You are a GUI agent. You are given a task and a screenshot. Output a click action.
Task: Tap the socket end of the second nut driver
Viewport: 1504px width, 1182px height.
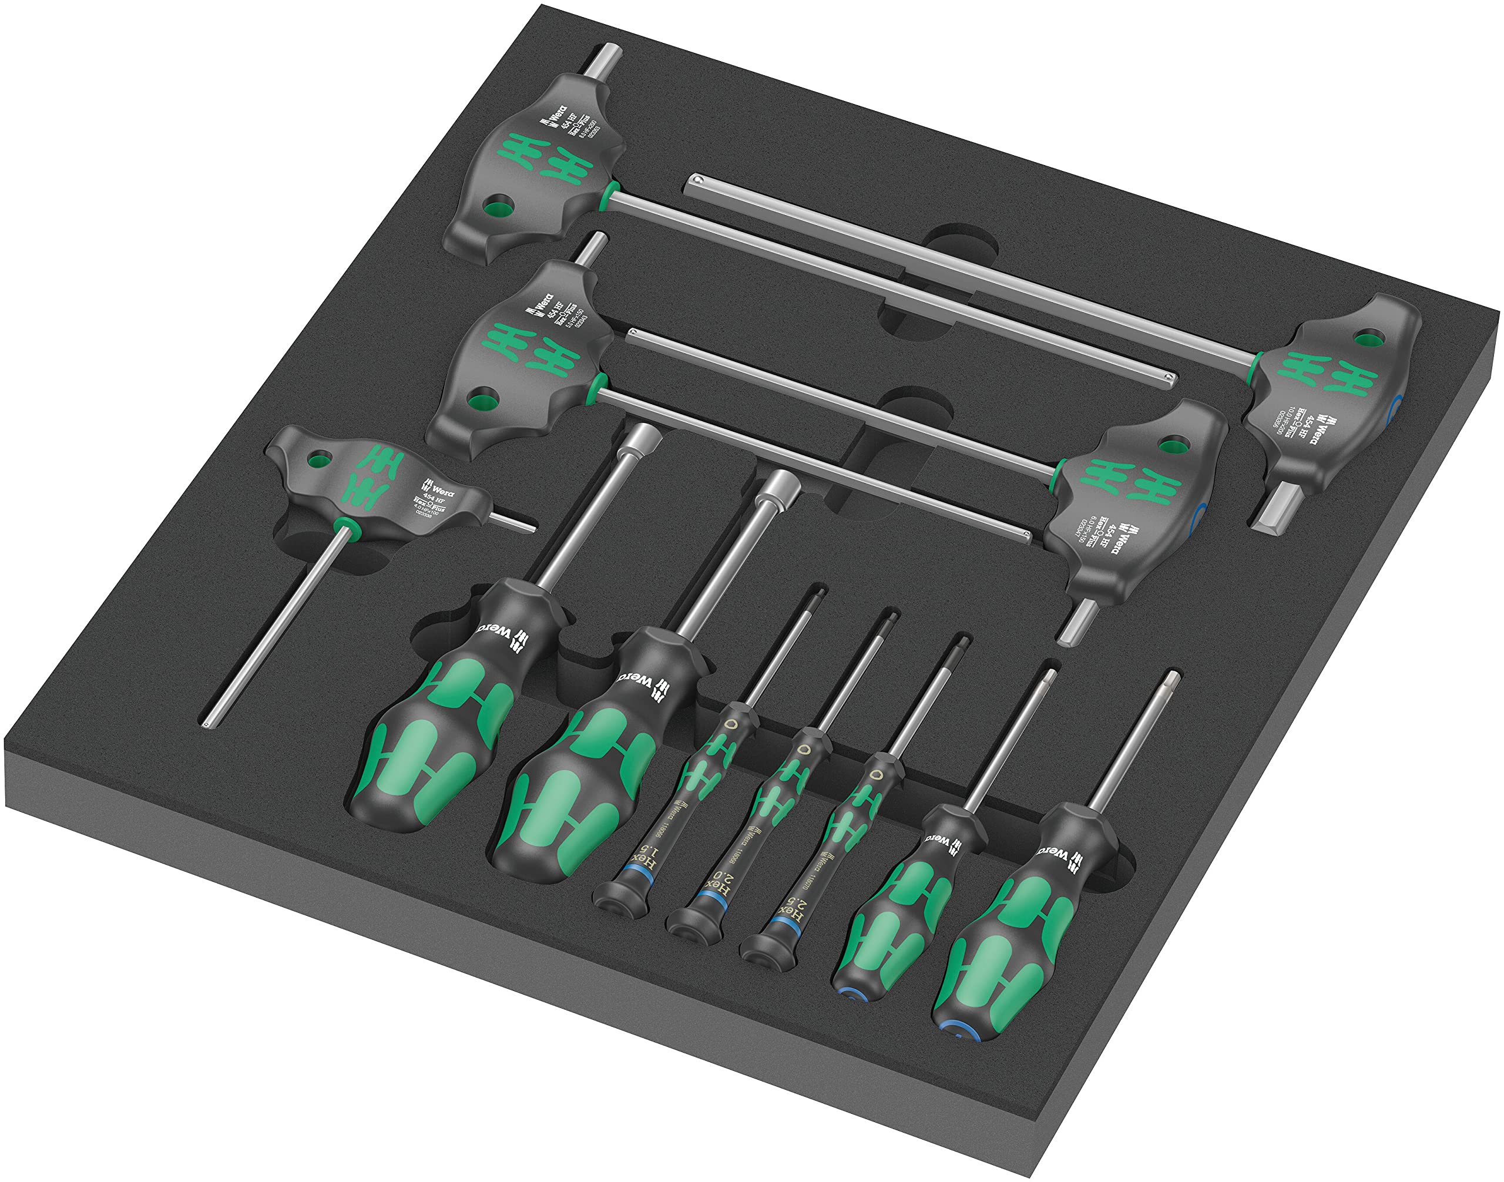tap(777, 485)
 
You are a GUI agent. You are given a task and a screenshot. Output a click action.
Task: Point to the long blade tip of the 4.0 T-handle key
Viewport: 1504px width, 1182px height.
tap(207, 724)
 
